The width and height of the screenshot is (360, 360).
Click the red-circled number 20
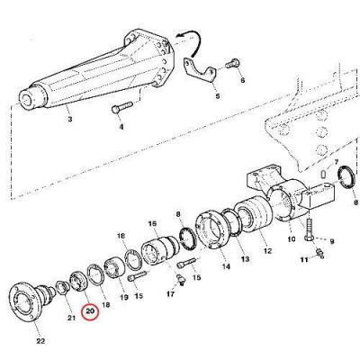(90, 312)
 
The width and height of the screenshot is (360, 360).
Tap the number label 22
(38, 339)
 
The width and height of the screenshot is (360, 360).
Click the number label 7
(337, 163)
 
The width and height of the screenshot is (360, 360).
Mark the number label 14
(224, 266)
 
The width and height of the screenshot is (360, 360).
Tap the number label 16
(153, 223)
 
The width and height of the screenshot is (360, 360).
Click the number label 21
(72, 317)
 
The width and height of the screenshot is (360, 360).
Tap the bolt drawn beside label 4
(121, 110)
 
